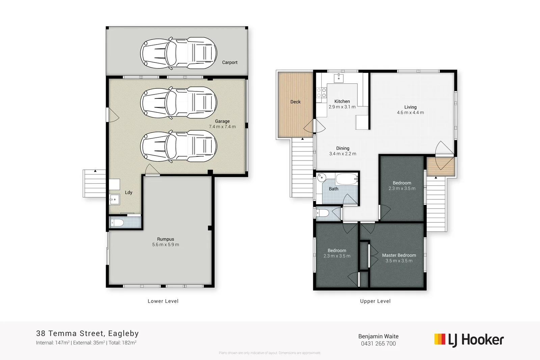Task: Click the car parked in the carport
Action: [x=179, y=53]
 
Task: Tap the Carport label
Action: [x=230, y=62]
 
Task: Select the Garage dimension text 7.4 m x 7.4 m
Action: [x=222, y=127]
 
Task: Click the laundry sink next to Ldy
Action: [x=115, y=199]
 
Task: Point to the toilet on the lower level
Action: [x=117, y=223]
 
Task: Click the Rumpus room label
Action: [x=165, y=239]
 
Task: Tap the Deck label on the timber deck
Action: [x=295, y=102]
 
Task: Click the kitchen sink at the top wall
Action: [x=339, y=78]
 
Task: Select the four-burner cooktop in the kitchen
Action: [x=321, y=93]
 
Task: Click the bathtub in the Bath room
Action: [x=347, y=178]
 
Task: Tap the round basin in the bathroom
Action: [x=322, y=177]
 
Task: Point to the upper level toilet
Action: [x=323, y=213]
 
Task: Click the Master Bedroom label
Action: [x=399, y=255]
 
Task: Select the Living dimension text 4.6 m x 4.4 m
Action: [x=410, y=113]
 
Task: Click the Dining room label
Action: [x=343, y=148]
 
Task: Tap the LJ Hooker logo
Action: [x=469, y=340]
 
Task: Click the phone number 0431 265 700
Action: [x=378, y=344]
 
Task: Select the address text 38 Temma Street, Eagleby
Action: [x=87, y=333]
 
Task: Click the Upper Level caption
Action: [x=375, y=301]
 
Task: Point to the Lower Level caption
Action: [x=163, y=301]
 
